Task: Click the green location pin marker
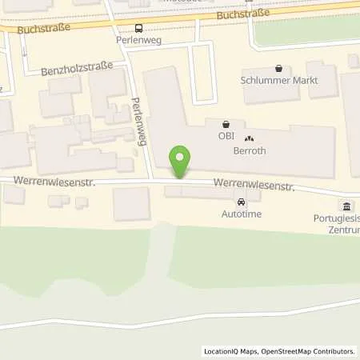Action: tap(182, 161)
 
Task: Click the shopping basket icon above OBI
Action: tap(226, 124)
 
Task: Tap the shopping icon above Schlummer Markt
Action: tap(278, 69)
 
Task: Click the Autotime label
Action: tap(242, 214)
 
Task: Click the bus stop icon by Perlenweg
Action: tap(140, 27)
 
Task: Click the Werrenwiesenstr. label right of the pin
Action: tap(254, 186)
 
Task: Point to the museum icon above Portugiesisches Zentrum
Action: tap(346, 206)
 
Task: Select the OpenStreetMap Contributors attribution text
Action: tap(308, 351)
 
